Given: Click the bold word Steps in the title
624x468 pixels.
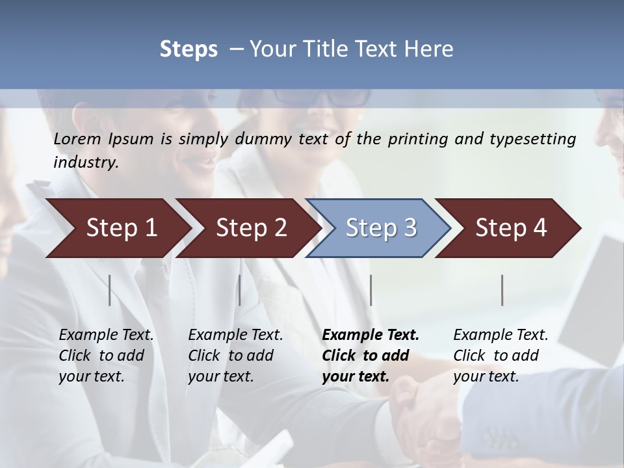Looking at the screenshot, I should click(x=188, y=49).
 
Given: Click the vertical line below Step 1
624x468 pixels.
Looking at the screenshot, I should click(x=110, y=290).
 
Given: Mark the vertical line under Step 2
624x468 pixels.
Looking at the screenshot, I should click(x=240, y=290).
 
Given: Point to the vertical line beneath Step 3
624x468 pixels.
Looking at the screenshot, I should click(x=371, y=290).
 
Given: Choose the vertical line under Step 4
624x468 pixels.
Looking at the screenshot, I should click(x=502, y=290).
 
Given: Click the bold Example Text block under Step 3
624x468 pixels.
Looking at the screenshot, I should click(x=369, y=356).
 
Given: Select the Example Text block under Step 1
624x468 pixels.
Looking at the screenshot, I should click(x=105, y=356).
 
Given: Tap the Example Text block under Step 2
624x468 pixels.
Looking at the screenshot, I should click(x=235, y=356).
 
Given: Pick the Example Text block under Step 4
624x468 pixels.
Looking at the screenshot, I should click(x=500, y=356).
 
